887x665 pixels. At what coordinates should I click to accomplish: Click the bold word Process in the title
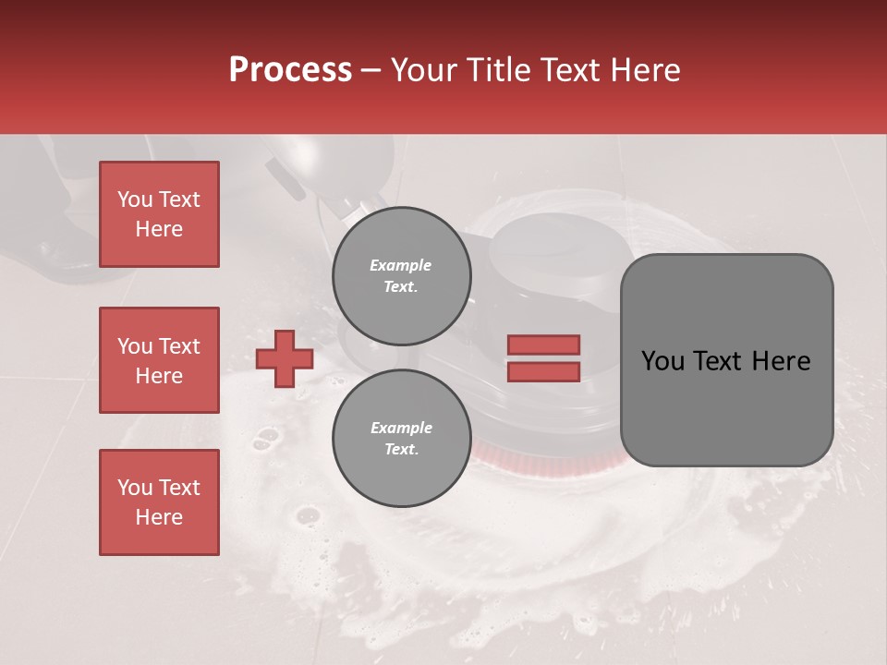click(290, 70)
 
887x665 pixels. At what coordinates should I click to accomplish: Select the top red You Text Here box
click(159, 214)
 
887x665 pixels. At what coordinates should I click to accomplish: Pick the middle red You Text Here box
click(159, 360)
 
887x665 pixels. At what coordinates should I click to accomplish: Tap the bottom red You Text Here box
click(159, 502)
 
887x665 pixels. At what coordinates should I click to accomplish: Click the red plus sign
click(285, 358)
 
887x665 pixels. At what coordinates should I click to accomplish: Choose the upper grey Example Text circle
click(402, 276)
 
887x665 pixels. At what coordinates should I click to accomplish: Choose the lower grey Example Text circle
click(402, 439)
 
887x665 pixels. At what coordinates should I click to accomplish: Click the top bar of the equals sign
click(543, 345)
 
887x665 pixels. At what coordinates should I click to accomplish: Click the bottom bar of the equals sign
click(543, 371)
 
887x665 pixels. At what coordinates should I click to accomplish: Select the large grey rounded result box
click(726, 360)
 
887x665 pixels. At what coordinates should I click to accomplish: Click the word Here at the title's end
click(646, 70)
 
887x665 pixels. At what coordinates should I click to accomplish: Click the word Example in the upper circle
click(401, 265)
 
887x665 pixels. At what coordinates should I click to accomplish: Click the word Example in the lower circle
click(401, 428)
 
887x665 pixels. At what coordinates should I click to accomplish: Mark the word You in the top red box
click(135, 199)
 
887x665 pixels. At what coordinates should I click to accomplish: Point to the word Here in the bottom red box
click(159, 517)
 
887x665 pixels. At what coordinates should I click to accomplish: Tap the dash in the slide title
click(371, 70)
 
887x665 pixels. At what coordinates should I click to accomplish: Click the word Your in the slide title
click(423, 70)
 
